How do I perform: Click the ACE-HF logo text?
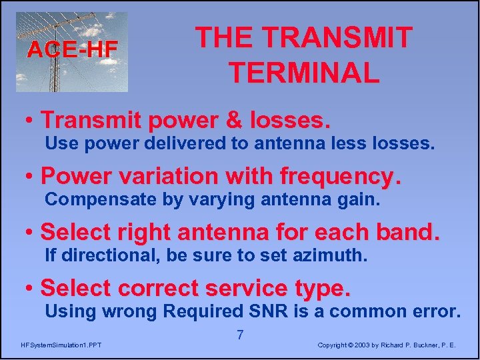coord(72,49)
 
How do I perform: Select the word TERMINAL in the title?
coord(304,72)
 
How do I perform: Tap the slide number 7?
coord(240,335)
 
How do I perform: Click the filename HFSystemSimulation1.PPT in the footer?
coord(61,345)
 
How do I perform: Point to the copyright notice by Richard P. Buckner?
coord(387,345)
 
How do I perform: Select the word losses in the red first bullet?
coord(291,120)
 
